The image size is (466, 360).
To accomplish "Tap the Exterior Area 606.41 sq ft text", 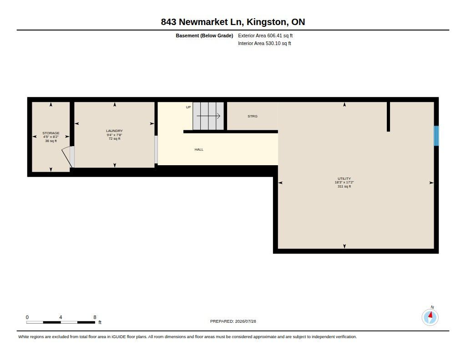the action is coord(265,35).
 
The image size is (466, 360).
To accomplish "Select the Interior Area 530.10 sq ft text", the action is coord(264,43).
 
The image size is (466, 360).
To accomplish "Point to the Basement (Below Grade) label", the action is coord(204,35).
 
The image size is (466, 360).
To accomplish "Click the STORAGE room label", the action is coord(51,133).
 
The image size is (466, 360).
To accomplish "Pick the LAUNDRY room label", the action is coord(114,131).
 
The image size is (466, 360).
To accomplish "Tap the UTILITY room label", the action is coord(344,179).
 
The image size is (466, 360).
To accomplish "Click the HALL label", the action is coord(199,150).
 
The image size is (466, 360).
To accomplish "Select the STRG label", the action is coord(252,116).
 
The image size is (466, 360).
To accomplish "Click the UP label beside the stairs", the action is coord(188,107).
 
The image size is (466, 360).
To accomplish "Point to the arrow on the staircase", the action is coord(208,116).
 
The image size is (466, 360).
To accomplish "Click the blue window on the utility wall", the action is coord(436,136).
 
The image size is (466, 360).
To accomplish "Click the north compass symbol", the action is coord(430,317).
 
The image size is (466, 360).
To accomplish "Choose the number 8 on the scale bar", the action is coord(95,317).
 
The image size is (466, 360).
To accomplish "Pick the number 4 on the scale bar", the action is coord(61,317).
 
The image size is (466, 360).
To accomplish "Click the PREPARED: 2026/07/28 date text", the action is coord(233,321).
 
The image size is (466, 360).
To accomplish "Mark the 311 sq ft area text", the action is coord(344,187).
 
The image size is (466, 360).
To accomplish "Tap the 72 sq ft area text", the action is coord(114,138).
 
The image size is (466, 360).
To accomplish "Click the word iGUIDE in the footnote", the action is coord(119,337).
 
